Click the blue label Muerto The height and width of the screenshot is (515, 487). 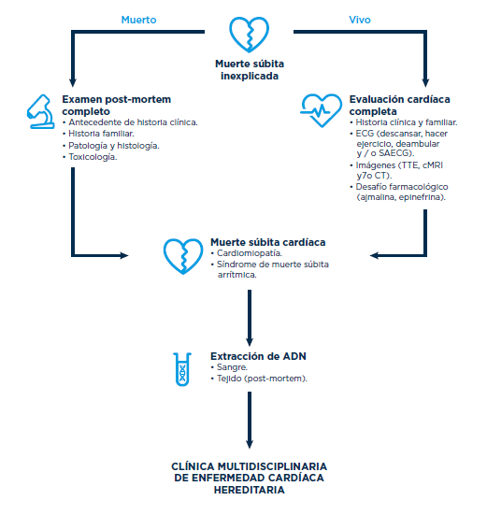coord(138,20)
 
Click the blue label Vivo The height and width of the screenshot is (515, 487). coord(360,20)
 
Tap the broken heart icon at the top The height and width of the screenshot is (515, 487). coord(249,35)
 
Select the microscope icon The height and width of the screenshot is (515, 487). coord(41,111)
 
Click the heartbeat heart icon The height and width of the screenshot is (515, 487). coord(321,110)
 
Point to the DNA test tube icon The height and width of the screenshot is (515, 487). coord(182,369)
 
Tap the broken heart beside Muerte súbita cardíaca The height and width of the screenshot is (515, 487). coord(183,256)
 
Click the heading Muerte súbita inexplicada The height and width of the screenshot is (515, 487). coord(250,69)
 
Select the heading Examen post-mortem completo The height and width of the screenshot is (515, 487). coord(117,105)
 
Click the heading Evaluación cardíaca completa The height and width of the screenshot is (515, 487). coord(400,105)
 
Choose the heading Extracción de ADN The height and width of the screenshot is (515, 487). coord(258,356)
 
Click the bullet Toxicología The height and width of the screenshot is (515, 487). coord(93,157)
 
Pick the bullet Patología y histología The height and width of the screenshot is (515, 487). coord(114,146)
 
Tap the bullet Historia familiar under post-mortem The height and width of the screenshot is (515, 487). coord(101,134)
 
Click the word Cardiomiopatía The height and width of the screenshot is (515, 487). coord(250,253)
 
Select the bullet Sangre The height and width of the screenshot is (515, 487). coord(232,367)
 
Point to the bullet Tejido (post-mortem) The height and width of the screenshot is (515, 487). coord(262,379)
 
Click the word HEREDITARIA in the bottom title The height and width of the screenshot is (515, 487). coord(250,490)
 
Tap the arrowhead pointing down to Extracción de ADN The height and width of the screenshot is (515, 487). coord(250,341)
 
